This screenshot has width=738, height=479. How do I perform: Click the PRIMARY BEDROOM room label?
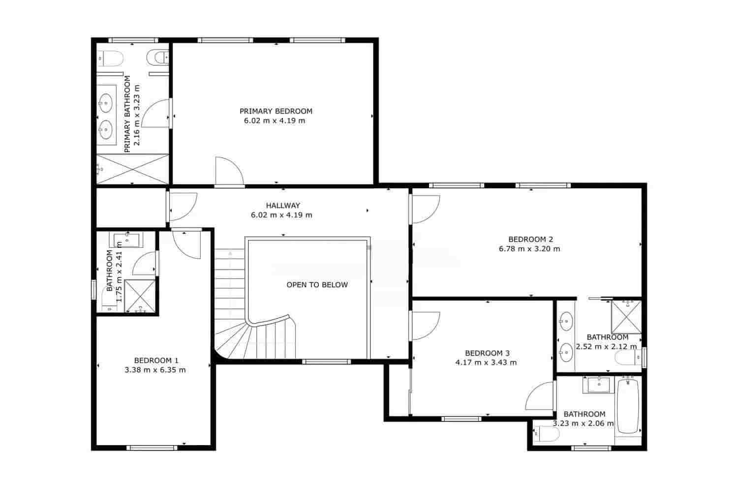(276, 111)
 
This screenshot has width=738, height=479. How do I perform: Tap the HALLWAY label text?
(282, 206)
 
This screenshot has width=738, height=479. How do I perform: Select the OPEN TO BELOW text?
(317, 285)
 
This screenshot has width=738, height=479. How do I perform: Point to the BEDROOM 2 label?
(530, 239)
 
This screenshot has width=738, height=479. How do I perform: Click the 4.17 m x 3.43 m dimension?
(486, 363)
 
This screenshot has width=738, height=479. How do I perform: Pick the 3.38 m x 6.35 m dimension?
(155, 370)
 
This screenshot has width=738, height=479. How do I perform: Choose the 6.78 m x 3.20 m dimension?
(529, 249)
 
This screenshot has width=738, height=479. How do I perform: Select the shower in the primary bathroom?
(132, 169)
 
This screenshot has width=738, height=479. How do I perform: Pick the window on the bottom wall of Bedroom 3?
(461, 419)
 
